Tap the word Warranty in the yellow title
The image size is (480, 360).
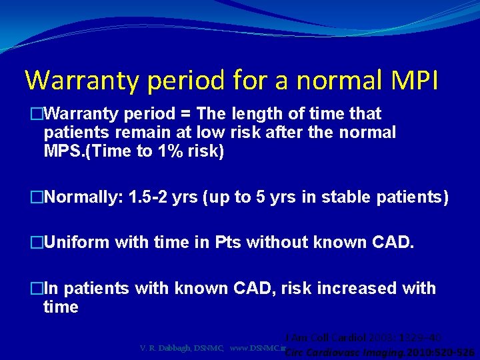tap(82, 80)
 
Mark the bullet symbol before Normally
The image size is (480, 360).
tap(36, 198)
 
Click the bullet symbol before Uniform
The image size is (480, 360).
tap(36, 243)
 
